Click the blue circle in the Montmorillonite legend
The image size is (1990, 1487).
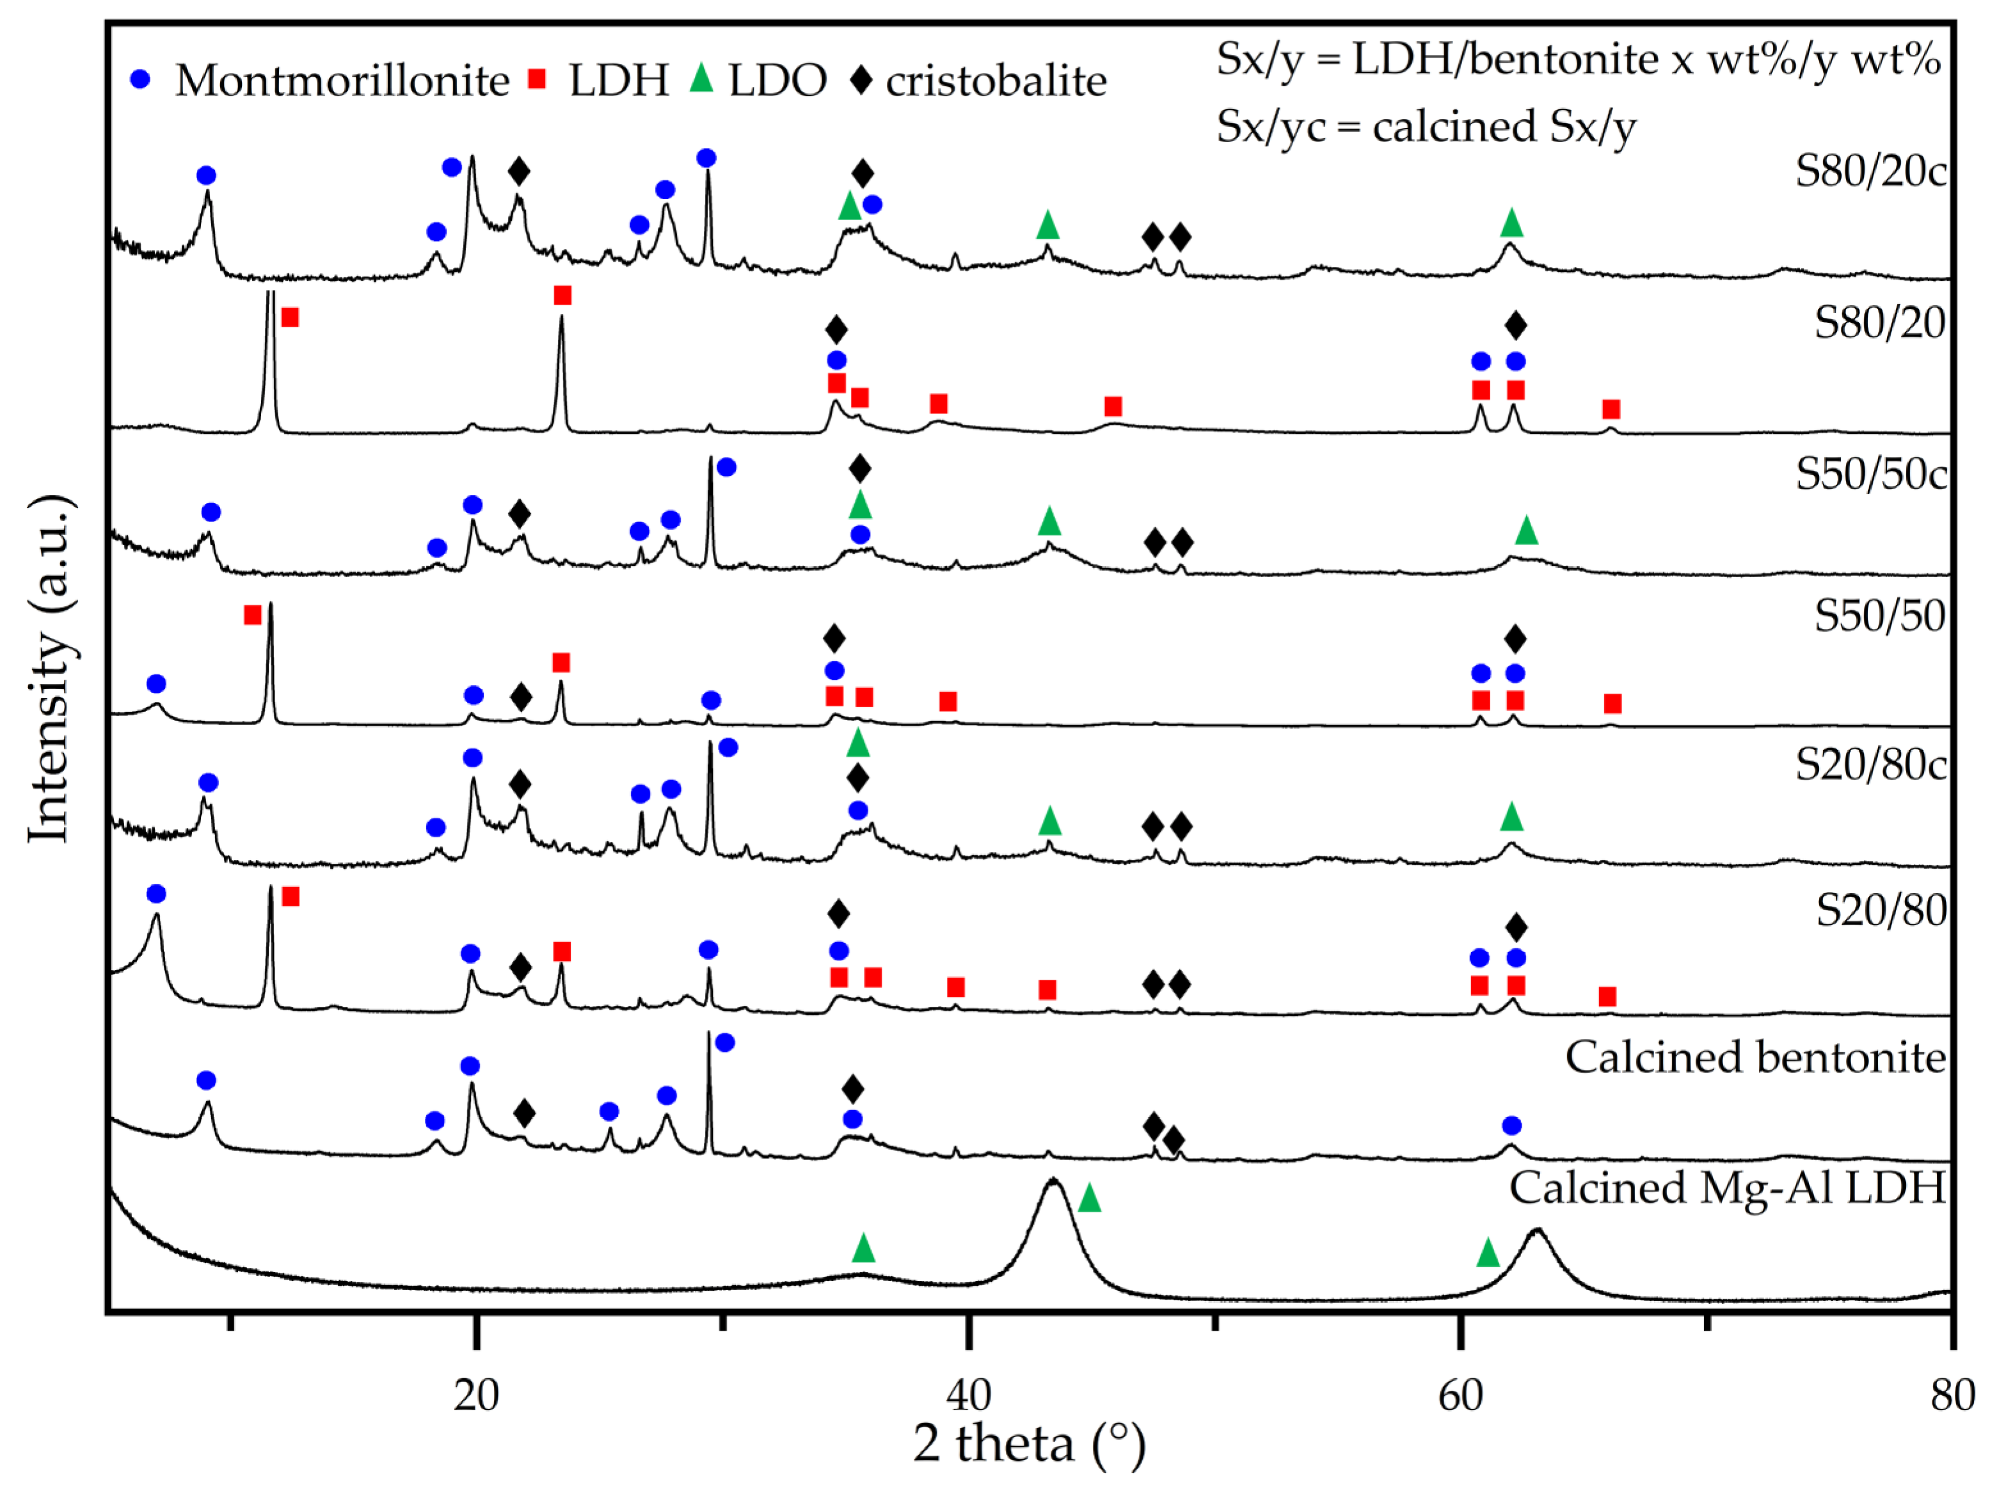coord(139,79)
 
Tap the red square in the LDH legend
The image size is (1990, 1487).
coord(537,79)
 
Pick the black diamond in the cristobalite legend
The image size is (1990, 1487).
coord(861,79)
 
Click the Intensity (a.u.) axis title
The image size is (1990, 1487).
coord(49,669)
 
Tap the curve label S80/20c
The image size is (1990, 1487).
coord(1870,171)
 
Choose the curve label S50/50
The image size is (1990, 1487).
coord(1879,616)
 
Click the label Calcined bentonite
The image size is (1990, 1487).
coord(1755,1057)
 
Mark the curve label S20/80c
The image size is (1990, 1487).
coord(1870,765)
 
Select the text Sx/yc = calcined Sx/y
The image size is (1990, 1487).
coord(1426,126)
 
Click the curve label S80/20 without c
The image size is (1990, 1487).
coord(1879,322)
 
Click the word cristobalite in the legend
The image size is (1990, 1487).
coord(996,81)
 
